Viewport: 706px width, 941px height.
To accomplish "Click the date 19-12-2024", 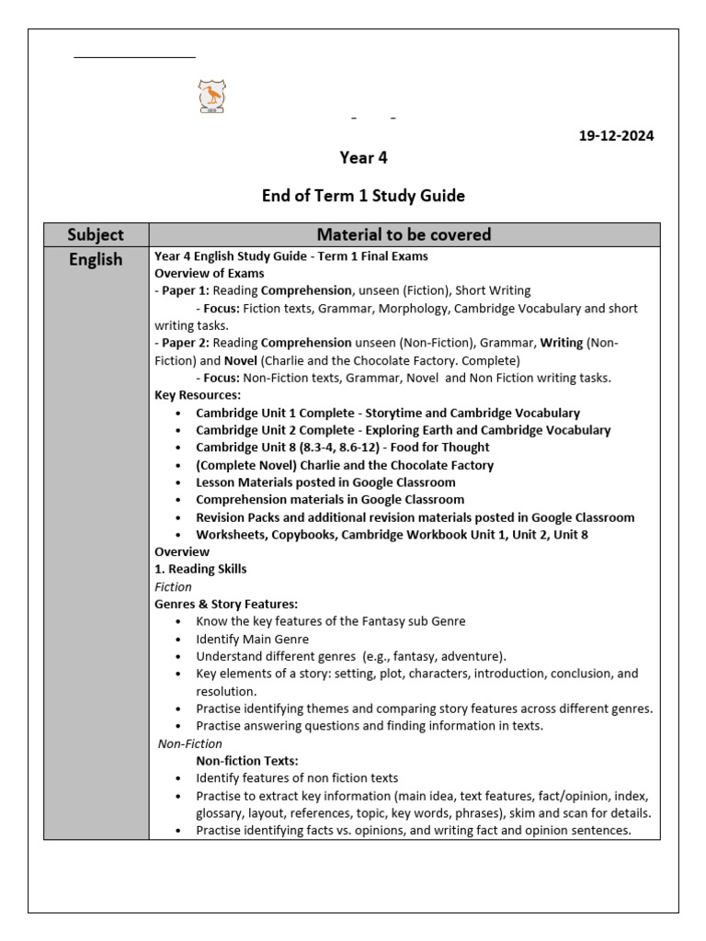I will pos(616,136).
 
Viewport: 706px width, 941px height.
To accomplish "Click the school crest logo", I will pos(211,96).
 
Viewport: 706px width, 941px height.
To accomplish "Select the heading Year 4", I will pos(363,158).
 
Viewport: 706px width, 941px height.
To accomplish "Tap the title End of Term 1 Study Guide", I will pos(363,196).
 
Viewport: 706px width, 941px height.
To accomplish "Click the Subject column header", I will pos(96,234).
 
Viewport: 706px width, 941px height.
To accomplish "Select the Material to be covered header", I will pos(404,234).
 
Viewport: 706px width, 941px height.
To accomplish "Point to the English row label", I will pos(96,260).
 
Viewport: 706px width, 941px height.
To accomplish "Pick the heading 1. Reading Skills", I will pos(200,569).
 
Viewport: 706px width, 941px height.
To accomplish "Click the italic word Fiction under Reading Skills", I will pos(173,586).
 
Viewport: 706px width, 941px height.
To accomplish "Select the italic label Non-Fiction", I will pos(190,743).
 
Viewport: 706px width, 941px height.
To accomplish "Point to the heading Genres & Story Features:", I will pos(226,604).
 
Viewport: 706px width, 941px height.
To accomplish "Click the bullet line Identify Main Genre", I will pos(252,639).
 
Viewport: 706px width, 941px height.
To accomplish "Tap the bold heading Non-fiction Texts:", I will pos(247,761).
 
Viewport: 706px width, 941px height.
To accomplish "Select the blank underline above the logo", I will pos(134,57).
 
